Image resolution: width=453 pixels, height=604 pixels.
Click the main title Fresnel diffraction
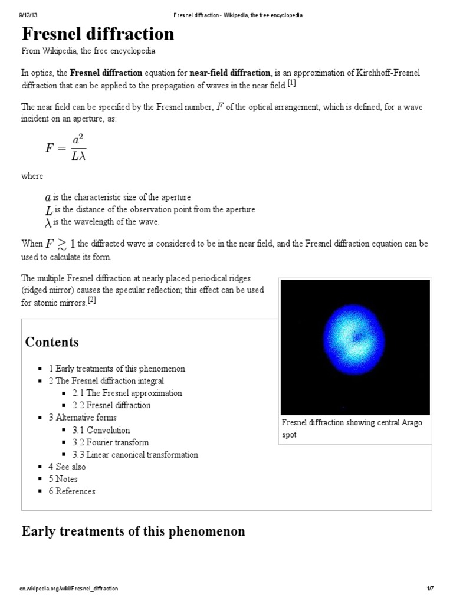click(x=98, y=34)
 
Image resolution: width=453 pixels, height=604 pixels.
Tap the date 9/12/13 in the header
click(x=29, y=15)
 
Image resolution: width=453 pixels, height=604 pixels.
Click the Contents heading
click(x=52, y=342)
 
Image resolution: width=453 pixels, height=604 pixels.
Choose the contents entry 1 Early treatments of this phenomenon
click(x=117, y=369)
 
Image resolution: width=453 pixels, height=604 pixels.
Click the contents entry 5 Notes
click(x=63, y=479)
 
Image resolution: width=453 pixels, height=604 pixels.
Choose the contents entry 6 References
click(x=72, y=491)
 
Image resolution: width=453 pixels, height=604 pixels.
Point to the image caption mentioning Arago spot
click(x=352, y=428)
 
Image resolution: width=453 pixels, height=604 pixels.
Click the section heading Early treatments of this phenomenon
click(x=133, y=531)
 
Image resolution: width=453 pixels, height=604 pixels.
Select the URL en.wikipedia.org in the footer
click(x=70, y=589)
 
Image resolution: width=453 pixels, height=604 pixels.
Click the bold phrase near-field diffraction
click(x=231, y=73)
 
